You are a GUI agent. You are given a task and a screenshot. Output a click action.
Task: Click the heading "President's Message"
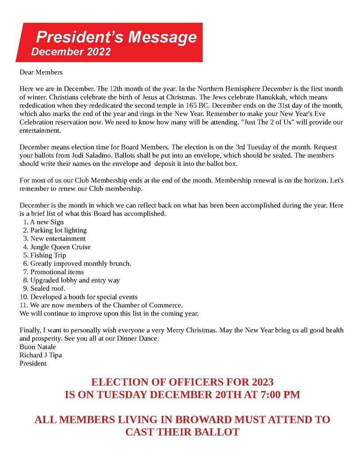[116, 37]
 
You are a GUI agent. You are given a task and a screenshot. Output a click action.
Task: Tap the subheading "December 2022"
[71, 52]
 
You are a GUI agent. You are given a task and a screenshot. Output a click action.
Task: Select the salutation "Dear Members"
[41, 72]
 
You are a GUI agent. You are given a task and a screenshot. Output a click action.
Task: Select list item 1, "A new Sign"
[46, 222]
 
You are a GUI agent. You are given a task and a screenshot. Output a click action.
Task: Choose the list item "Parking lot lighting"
[58, 230]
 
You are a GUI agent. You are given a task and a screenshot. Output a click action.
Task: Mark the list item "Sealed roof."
[47, 288]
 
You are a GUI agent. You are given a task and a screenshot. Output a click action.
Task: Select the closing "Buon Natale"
[38, 347]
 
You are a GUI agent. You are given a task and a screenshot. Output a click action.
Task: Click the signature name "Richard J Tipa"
[41, 355]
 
